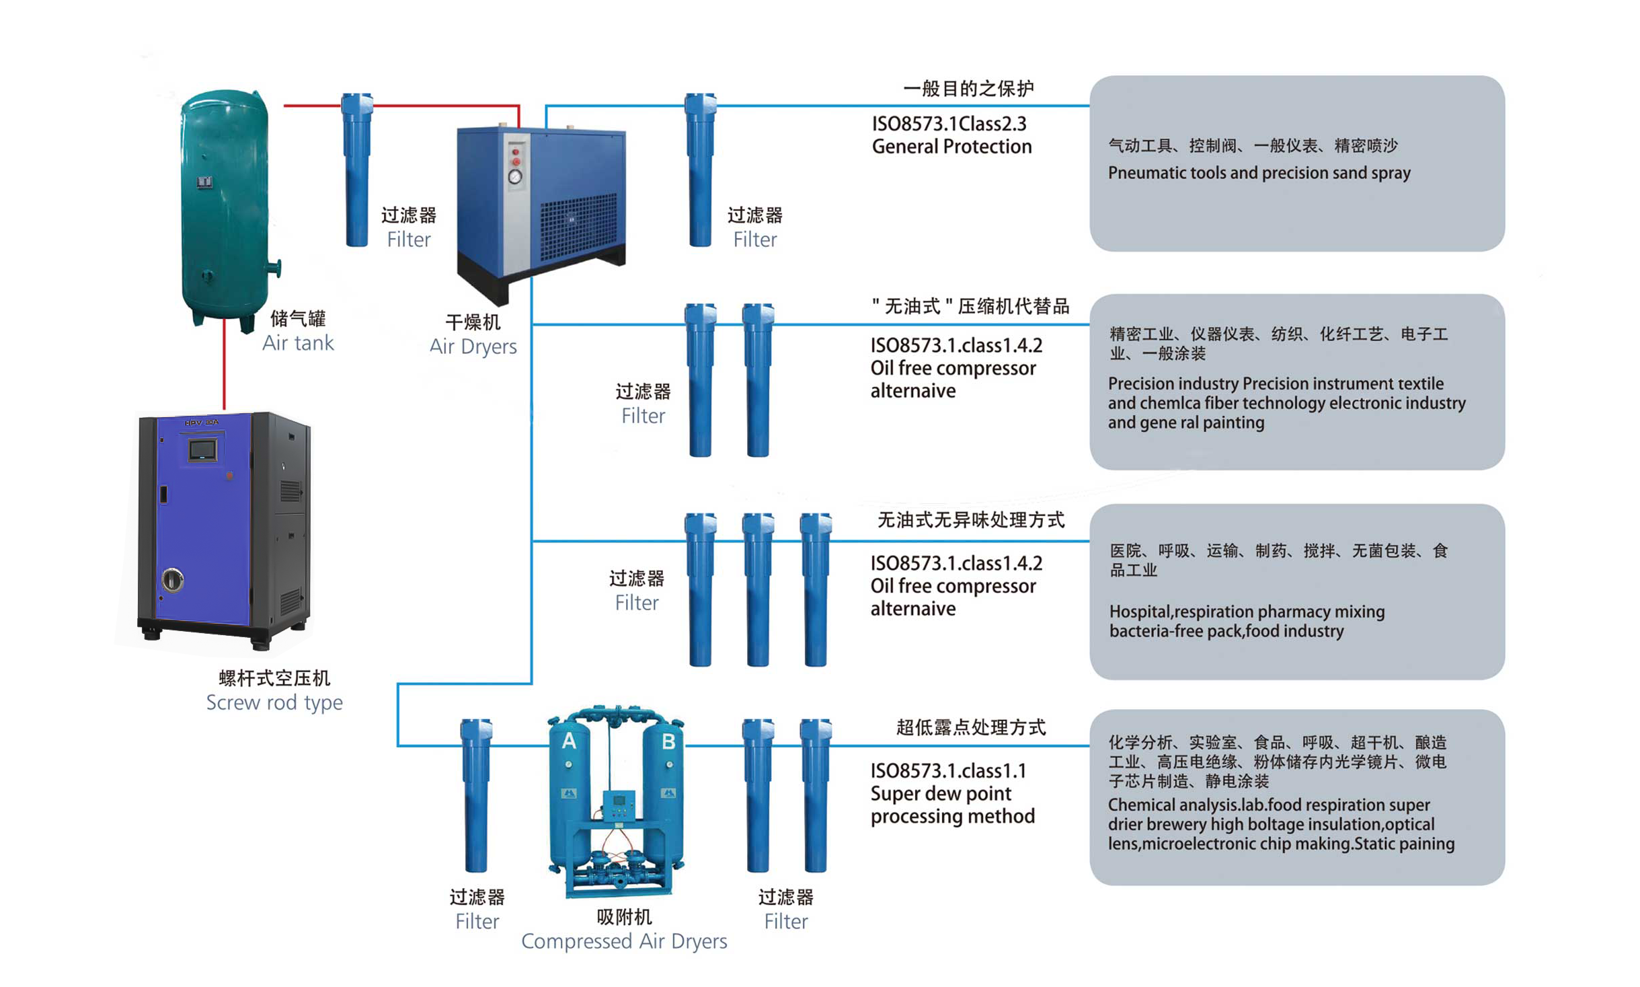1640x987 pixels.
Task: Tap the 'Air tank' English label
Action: tap(297, 342)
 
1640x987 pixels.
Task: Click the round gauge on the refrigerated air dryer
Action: tap(514, 177)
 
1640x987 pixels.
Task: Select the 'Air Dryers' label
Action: tap(473, 346)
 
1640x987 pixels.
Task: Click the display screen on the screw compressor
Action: tap(202, 449)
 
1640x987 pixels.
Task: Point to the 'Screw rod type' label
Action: tap(274, 702)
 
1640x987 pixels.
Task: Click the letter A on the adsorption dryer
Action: tap(569, 741)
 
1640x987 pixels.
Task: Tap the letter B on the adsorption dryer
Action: tap(668, 741)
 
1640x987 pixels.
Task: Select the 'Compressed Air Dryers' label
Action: tap(623, 941)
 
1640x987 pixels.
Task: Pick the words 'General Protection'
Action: tap(951, 147)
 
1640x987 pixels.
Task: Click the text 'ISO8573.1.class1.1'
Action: tap(947, 770)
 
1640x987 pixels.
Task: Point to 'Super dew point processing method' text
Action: tap(951, 805)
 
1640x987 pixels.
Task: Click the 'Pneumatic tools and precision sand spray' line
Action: tap(1259, 173)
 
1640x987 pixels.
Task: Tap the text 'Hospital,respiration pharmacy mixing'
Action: tap(1246, 612)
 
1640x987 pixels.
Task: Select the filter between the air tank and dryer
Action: tap(356, 172)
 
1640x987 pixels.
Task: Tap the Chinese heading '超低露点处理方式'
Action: tap(970, 727)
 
